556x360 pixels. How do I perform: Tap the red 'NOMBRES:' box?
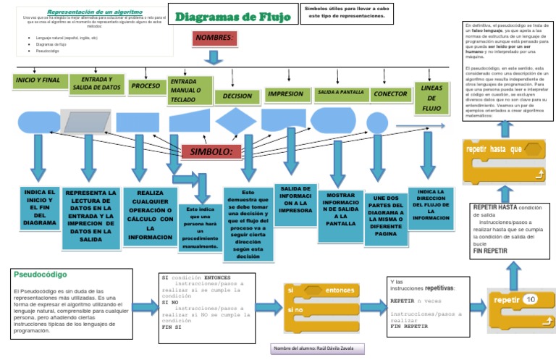pos(215,38)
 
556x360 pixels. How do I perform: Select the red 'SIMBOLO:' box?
pos(211,151)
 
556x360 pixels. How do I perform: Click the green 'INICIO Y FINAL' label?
pos(38,80)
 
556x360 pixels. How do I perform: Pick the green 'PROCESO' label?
pos(146,86)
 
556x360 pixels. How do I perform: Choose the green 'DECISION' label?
pos(237,95)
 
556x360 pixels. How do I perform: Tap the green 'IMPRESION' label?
pos(285,93)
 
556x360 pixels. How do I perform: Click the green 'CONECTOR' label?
pos(389,94)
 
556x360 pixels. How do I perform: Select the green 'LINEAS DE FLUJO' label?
pos(431,97)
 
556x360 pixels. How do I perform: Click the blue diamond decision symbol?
pos(235,122)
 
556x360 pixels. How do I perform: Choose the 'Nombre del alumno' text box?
pos(317,348)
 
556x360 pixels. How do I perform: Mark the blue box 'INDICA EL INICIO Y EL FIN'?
pos(41,207)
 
